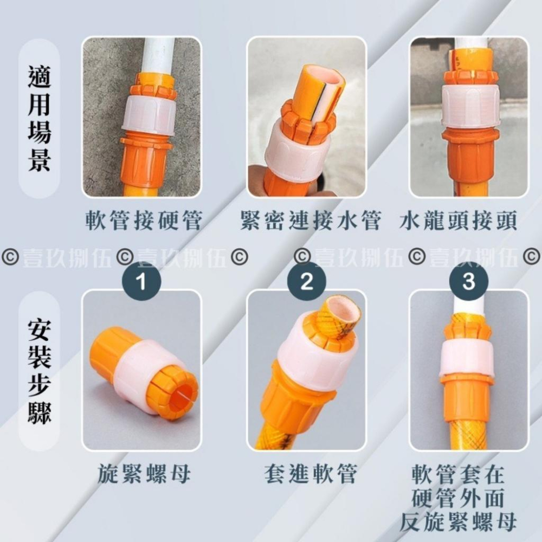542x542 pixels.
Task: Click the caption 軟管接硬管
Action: click(x=144, y=221)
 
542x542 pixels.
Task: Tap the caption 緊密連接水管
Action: click(x=310, y=221)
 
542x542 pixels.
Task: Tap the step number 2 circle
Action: click(x=307, y=281)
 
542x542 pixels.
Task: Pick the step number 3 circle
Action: click(x=469, y=281)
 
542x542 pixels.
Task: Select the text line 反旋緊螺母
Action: click(x=458, y=522)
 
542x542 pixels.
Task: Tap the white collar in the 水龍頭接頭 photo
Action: click(x=469, y=106)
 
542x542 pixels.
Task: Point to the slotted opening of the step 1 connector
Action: click(x=173, y=391)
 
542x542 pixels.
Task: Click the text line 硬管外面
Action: click(x=458, y=498)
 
